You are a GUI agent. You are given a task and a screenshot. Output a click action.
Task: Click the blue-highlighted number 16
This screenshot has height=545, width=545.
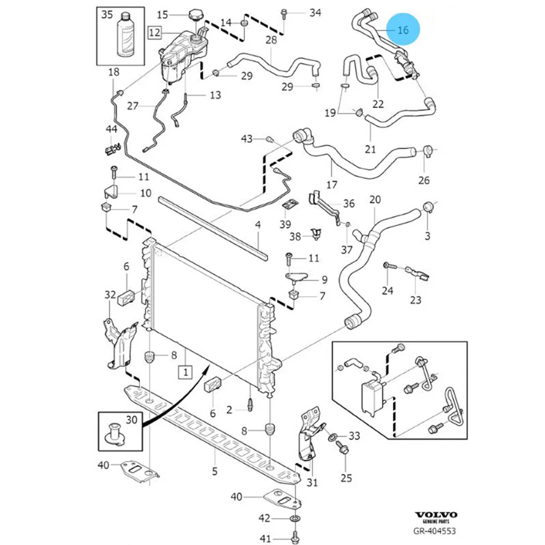coord(403,30)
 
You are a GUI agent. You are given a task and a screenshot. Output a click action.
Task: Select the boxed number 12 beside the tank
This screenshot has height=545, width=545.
coord(155,32)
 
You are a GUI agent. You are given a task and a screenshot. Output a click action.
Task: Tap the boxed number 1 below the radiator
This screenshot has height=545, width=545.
coord(186,372)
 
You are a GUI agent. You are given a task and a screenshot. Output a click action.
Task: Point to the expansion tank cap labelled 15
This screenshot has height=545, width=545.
coord(195,16)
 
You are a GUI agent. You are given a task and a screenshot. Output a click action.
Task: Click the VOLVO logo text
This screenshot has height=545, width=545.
coord(435,515)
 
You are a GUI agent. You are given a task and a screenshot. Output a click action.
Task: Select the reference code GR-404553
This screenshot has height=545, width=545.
coord(434,531)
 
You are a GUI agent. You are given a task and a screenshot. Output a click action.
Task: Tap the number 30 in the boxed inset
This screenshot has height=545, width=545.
coord(131,420)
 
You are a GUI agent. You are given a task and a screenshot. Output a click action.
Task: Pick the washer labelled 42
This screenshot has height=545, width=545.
coord(295,519)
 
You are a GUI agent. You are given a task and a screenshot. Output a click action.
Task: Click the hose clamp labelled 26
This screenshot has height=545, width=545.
coord(427,150)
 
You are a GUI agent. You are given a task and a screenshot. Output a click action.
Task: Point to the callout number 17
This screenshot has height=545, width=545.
coord(331,185)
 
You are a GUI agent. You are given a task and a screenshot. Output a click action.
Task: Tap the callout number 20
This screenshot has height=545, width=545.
coord(375,199)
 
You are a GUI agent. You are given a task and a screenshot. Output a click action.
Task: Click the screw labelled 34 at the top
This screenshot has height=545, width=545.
coord(284,14)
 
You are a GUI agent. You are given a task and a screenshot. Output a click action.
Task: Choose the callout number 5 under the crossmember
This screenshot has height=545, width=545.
coord(215,471)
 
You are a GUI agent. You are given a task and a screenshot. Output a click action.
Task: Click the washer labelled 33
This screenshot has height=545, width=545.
coord(332,436)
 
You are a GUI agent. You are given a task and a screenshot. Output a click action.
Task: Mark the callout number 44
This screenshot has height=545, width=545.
coord(111,129)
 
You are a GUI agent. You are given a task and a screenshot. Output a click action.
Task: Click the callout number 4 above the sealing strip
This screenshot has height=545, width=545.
coord(258,225)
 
